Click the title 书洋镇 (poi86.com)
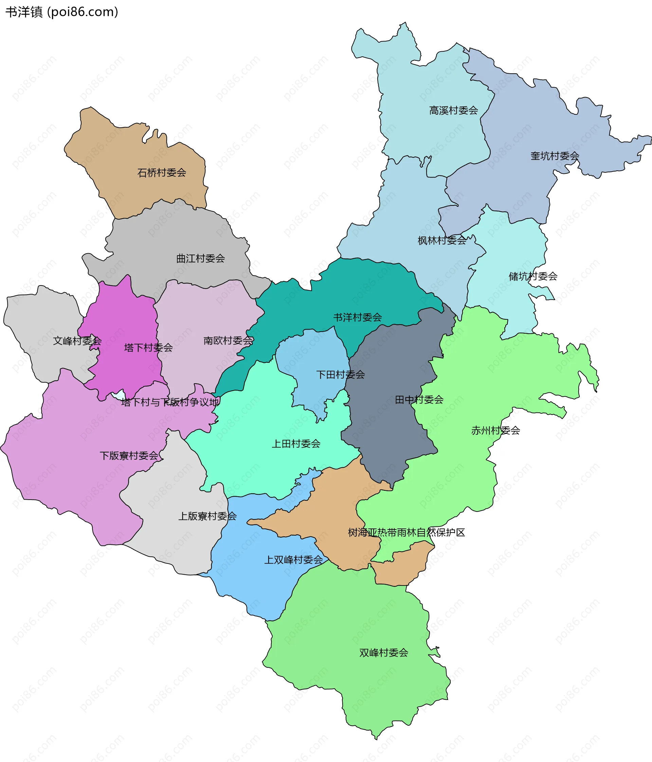click(61, 12)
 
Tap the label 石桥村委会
click(162, 172)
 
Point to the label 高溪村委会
click(453, 110)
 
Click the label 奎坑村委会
click(555, 156)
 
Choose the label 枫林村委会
click(441, 241)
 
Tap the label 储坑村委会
click(532, 276)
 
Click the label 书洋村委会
click(357, 317)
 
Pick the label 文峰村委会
click(77, 341)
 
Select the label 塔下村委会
click(148, 348)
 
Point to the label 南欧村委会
click(228, 340)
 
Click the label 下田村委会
click(340, 375)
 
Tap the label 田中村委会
click(419, 400)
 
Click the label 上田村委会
click(296, 444)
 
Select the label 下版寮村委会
click(129, 456)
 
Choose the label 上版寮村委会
click(207, 516)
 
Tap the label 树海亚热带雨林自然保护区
click(406, 533)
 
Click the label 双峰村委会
click(383, 653)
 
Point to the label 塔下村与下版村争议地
click(170, 402)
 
